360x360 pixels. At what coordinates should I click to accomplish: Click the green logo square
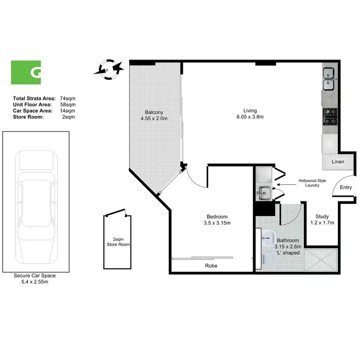tap(26, 72)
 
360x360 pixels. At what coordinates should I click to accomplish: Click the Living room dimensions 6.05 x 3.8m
tap(251, 117)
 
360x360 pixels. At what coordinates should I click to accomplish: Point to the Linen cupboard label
tap(338, 162)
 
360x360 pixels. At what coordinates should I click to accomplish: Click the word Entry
tap(346, 188)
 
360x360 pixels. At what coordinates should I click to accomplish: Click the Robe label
tap(212, 265)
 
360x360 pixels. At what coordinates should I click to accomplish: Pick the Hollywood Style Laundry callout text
tap(312, 183)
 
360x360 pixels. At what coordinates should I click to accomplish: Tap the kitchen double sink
tap(329, 79)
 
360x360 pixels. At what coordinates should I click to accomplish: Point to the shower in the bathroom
tap(321, 260)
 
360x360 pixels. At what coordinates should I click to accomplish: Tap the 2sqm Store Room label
tap(118, 241)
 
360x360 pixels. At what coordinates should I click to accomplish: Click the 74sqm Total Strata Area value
tap(68, 98)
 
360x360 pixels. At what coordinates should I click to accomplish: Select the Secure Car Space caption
tap(35, 278)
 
